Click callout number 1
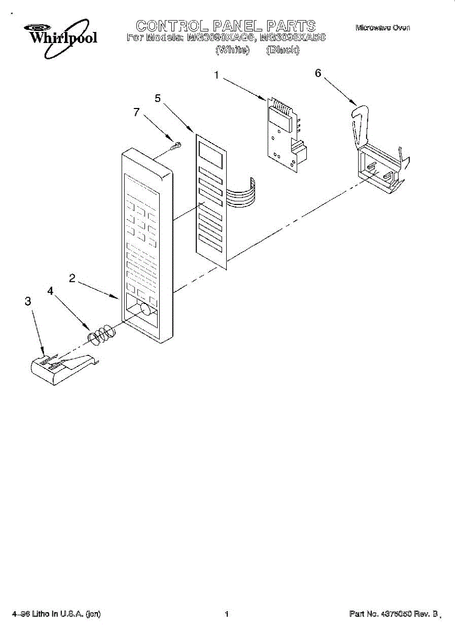click(x=216, y=75)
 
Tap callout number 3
click(x=28, y=301)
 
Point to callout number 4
click(x=51, y=290)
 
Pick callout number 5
click(x=158, y=97)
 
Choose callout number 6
click(x=318, y=73)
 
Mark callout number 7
click(x=137, y=112)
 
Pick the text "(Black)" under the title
click(x=283, y=50)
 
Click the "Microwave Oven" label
click(x=383, y=27)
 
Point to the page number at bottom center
click(x=227, y=614)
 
